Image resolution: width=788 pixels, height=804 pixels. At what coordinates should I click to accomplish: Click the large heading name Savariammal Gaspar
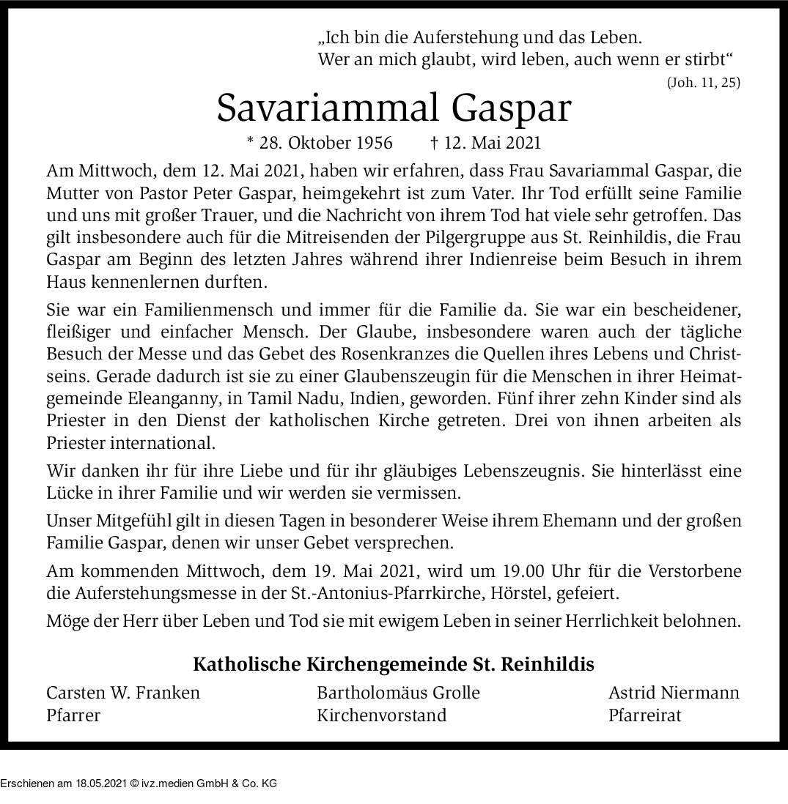point(394,109)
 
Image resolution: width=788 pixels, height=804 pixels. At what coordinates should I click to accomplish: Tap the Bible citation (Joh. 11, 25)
point(703,83)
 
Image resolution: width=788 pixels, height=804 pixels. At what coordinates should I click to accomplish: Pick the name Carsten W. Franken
point(123,693)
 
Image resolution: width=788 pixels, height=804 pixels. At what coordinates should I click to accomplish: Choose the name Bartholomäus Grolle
point(398,693)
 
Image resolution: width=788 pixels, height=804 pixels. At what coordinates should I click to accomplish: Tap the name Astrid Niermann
point(674,693)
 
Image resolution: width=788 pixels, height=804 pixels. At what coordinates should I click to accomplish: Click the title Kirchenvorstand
point(381,715)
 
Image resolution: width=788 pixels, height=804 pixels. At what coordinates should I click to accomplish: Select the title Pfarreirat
point(644,715)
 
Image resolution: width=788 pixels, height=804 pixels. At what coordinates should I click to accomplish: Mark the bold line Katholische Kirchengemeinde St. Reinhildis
point(394,664)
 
